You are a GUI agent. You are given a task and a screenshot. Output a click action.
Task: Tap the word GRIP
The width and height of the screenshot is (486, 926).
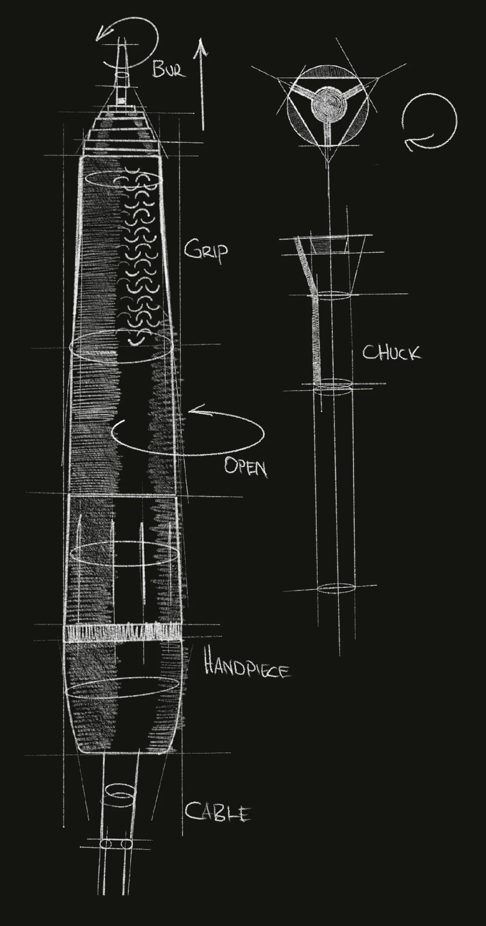pyautogui.click(x=206, y=252)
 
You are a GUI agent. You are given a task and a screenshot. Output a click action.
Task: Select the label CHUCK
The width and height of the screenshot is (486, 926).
pyautogui.click(x=391, y=353)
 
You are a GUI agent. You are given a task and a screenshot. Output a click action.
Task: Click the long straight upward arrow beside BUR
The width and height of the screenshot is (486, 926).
pyautogui.click(x=202, y=84)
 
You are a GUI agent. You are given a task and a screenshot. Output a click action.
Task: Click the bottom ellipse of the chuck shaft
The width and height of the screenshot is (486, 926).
pyautogui.click(x=336, y=588)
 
